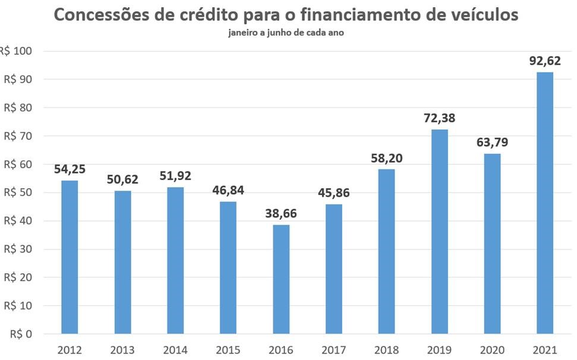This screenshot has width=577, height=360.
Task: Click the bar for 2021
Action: tap(545, 203)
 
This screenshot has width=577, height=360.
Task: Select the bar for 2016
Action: tap(281, 279)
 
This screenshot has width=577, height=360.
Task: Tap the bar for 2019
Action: tap(439, 232)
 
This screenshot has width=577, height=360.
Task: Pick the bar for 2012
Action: tap(70, 257)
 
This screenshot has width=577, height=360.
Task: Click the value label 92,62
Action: tap(545, 61)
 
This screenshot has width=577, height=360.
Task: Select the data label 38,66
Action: tap(281, 214)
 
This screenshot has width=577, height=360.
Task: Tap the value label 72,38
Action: tap(439, 118)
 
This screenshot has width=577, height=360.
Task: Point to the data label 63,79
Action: tap(492, 143)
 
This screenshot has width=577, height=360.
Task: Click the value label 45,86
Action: tap(334, 193)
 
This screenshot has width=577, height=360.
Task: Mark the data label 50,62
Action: tap(122, 179)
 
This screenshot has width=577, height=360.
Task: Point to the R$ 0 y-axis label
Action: tap(20, 334)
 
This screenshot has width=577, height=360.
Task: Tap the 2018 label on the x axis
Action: tap(387, 349)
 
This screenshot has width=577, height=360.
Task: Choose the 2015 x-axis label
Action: tap(228, 349)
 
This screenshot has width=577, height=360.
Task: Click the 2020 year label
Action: tap(492, 349)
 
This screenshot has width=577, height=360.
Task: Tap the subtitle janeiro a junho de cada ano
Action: tap(286, 33)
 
